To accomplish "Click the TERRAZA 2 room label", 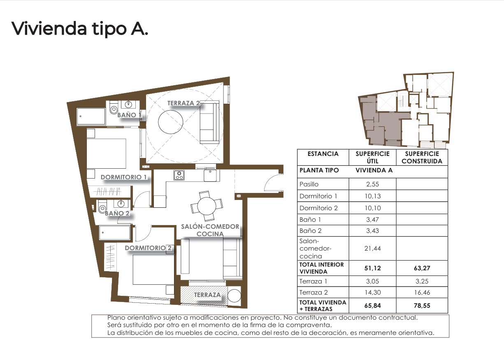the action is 183,103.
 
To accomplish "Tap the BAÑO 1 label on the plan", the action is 129,115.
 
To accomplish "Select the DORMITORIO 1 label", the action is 124,177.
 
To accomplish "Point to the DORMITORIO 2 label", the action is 148,248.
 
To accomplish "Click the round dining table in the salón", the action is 207,206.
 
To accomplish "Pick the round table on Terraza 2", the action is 171,122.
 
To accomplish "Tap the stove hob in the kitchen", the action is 179,175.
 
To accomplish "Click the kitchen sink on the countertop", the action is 210,176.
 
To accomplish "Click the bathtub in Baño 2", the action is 115,232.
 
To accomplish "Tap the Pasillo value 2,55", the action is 372,184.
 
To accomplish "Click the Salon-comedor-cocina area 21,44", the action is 372,249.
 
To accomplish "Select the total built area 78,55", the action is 422,306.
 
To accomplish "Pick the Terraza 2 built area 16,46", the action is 422,293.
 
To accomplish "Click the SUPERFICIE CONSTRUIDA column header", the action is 422,158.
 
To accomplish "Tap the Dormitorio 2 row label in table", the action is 318,208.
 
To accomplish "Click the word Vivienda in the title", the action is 49,29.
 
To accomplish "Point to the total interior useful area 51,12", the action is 372,268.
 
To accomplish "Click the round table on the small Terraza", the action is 234,296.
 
